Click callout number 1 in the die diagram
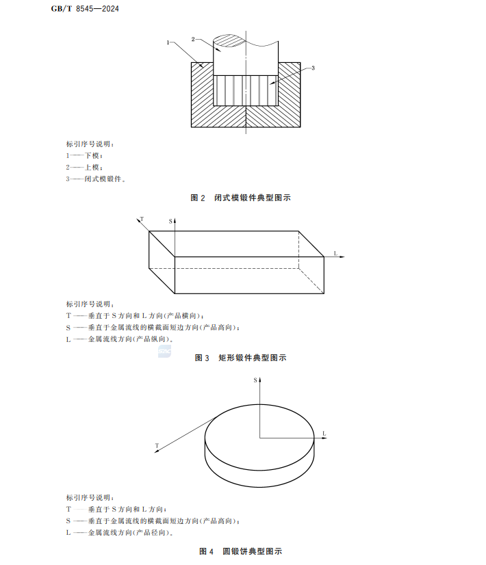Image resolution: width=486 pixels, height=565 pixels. [x=168, y=42]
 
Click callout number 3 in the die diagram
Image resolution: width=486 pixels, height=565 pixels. [x=312, y=68]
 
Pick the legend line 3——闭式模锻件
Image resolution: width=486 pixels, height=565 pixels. [x=96, y=179]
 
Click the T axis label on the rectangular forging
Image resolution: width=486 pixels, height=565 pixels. [x=141, y=219]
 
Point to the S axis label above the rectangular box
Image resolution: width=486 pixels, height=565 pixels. [x=170, y=222]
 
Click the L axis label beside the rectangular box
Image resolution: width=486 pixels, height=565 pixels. [x=336, y=253]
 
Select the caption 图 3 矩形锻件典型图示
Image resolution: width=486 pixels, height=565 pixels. [x=240, y=358]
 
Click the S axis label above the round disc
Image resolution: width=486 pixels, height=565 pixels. [x=255, y=378]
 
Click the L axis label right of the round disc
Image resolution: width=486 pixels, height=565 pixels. [x=324, y=434]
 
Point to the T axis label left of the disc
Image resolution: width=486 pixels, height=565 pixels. [x=157, y=446]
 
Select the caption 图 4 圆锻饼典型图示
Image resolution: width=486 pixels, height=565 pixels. [x=240, y=551]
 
